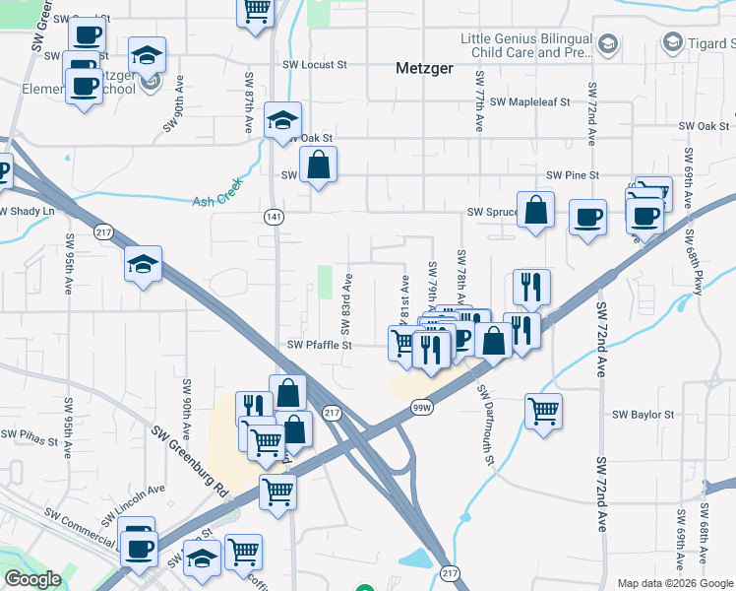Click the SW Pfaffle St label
320,345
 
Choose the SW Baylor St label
644,416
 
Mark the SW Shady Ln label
28,212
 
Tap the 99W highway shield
422,407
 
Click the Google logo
32,579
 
